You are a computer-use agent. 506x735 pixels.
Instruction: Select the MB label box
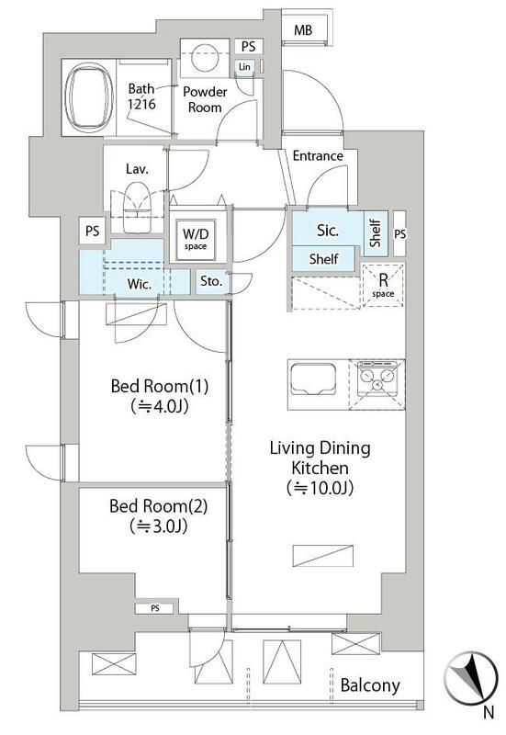[x=303, y=31]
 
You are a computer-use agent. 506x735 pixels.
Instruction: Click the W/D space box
[x=195, y=239]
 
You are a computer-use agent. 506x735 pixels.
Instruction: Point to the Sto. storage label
[x=211, y=282]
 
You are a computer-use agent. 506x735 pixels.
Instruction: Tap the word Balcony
[x=369, y=685]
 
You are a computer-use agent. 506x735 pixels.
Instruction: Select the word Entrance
[x=318, y=155]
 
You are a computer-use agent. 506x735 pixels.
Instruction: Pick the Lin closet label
[x=244, y=67]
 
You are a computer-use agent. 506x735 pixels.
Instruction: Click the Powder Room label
[x=205, y=99]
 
